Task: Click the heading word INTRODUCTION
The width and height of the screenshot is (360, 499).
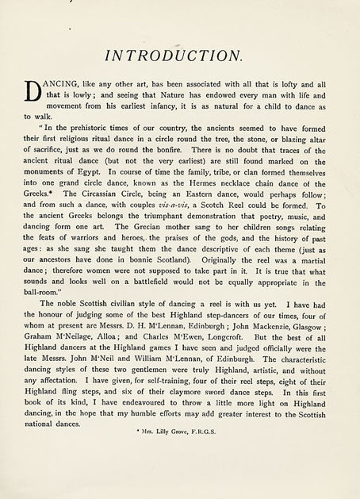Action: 179,56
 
